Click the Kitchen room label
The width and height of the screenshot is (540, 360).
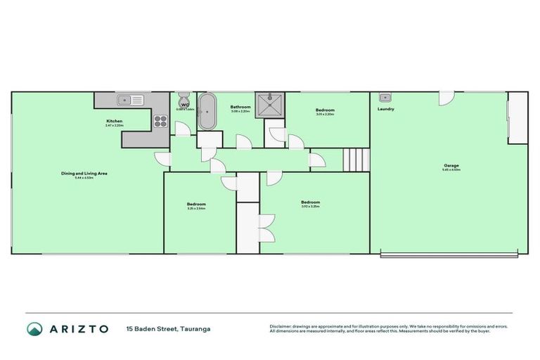(115, 121)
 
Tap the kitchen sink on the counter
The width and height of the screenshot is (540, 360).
(130, 99)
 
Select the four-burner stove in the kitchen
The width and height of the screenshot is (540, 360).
(160, 120)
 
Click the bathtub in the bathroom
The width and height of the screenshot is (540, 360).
(206, 112)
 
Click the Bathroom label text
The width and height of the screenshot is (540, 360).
(240, 107)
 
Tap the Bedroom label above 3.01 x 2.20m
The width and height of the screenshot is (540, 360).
(325, 110)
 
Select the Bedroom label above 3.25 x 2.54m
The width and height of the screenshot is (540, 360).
(195, 204)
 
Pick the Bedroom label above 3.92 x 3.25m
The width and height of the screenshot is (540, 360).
(310, 202)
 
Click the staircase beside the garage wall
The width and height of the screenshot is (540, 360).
(356, 160)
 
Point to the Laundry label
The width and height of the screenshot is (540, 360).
(385, 109)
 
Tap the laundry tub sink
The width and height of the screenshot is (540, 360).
(385, 98)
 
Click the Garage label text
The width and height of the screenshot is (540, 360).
(451, 165)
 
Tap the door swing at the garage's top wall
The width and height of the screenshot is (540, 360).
(446, 98)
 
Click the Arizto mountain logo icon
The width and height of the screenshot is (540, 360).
(34, 328)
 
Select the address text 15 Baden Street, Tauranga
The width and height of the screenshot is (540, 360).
(168, 328)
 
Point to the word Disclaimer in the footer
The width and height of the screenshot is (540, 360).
(281, 326)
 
